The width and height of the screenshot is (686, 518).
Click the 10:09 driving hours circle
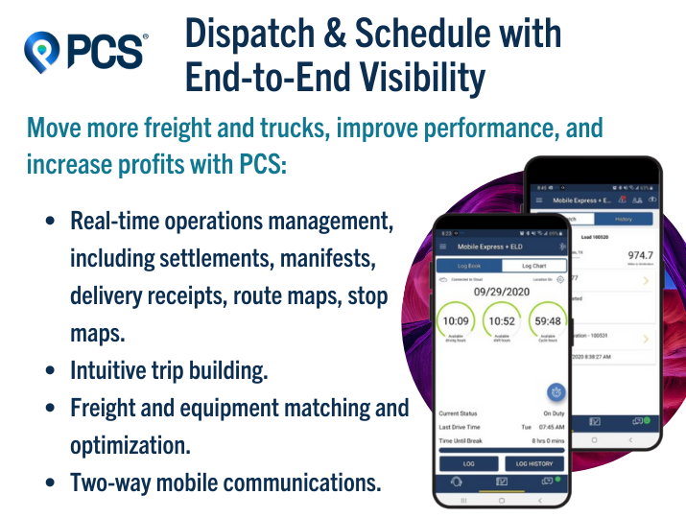pyautogui.click(x=457, y=321)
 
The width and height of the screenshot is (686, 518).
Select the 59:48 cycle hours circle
pyautogui.click(x=550, y=321)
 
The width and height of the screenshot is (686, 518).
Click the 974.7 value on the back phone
pyautogui.click(x=633, y=255)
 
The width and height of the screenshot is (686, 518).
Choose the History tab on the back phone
pyautogui.click(x=623, y=219)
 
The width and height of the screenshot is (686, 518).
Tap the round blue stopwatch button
pyautogui.click(x=555, y=391)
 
